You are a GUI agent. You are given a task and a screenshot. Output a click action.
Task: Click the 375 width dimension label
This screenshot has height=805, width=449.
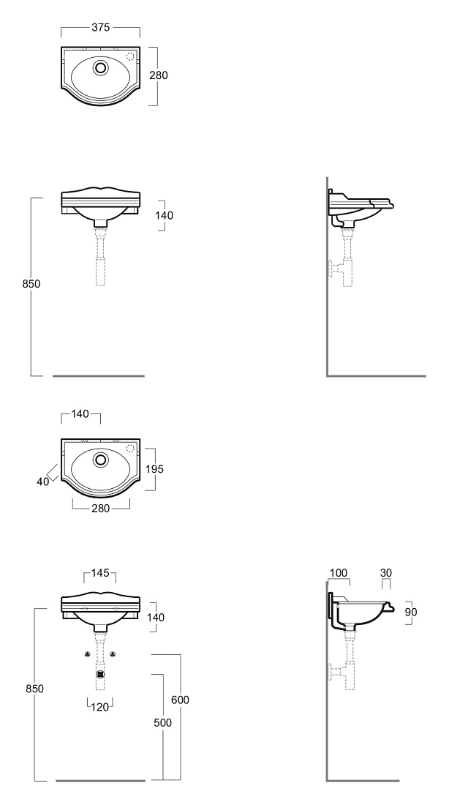(101, 27)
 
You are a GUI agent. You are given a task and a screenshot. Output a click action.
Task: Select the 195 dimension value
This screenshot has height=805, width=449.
(154, 468)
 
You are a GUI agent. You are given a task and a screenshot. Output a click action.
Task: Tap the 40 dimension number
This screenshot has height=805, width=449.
(42, 482)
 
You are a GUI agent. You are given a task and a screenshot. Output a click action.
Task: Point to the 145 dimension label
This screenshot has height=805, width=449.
(100, 572)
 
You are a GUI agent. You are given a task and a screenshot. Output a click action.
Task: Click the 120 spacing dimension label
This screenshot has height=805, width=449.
(99, 706)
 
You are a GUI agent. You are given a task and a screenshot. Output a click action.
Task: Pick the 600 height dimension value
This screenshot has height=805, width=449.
(180, 700)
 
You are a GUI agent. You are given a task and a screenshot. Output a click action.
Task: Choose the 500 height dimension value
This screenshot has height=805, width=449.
(162, 722)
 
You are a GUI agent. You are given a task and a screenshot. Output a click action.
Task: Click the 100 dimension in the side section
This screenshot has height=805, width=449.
(338, 572)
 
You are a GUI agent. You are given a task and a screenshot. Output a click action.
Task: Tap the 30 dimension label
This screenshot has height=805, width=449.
(386, 572)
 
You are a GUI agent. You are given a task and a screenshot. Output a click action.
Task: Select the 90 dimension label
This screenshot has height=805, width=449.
(410, 612)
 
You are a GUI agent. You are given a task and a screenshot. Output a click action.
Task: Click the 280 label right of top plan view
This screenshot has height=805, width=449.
(159, 75)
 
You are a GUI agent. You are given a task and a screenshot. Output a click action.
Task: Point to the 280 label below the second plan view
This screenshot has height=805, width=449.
(101, 508)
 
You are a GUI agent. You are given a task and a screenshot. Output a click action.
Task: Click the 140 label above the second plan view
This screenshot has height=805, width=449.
(80, 413)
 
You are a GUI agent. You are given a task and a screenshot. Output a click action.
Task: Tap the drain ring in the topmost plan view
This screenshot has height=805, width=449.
(101, 67)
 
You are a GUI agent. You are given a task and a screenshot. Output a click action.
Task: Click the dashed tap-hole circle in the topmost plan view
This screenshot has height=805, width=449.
(130, 56)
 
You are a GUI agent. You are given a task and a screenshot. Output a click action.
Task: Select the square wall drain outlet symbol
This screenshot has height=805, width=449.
(100, 675)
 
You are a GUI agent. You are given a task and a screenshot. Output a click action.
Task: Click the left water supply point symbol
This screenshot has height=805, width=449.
(87, 654)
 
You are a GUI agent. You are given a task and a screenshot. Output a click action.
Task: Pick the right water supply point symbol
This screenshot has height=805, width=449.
(113, 654)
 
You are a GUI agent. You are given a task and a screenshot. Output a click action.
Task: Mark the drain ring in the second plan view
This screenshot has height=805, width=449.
(101, 458)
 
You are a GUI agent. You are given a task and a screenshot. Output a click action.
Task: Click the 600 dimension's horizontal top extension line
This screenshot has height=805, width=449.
(166, 654)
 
